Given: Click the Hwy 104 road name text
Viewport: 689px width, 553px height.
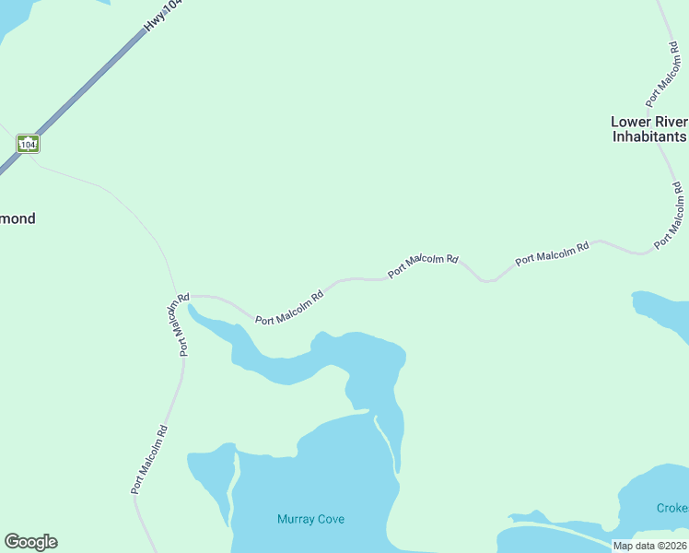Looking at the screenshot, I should point(163,18).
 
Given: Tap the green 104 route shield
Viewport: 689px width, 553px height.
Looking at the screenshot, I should point(28,144).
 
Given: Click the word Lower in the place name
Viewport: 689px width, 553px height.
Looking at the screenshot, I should point(631,122).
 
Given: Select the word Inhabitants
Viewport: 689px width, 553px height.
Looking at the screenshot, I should point(649,136).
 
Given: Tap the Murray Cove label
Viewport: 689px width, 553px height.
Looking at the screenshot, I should point(310,519).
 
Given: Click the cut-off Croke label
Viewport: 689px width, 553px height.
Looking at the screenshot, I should point(671,508).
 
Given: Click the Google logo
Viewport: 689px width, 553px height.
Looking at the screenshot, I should point(30,542).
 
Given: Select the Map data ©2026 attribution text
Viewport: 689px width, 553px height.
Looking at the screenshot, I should point(649,546).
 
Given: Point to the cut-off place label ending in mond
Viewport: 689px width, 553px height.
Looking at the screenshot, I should point(18,218).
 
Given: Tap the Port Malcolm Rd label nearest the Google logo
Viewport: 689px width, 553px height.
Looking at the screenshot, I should point(149,458).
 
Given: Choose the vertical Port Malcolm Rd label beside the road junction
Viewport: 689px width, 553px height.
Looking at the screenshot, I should point(179,324).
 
